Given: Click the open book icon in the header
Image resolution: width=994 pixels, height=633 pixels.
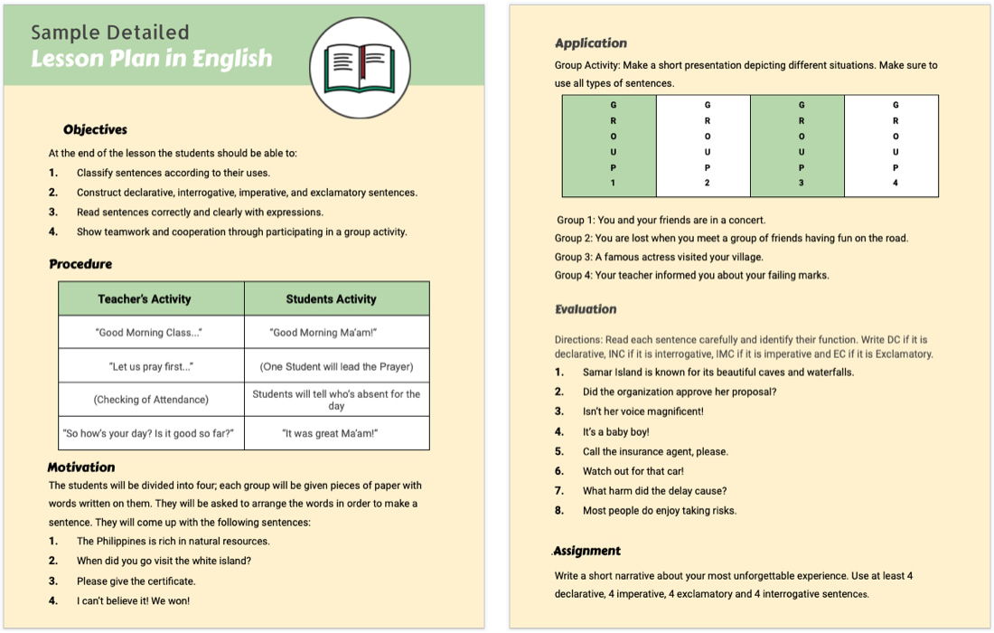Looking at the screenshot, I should pyautogui.click(x=360, y=69).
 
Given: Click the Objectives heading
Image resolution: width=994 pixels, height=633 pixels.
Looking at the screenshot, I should pyautogui.click(x=95, y=129).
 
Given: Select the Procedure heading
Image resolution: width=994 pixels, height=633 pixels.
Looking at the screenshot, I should pyautogui.click(x=80, y=264).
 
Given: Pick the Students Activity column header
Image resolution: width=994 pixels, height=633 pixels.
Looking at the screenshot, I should pyautogui.click(x=331, y=298).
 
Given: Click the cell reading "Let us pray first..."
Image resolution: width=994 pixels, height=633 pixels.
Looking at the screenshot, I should pyautogui.click(x=151, y=366).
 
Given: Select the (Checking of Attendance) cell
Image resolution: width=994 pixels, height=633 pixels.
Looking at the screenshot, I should pyautogui.click(x=151, y=399).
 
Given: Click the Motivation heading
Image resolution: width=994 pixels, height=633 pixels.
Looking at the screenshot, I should pyautogui.click(x=81, y=467).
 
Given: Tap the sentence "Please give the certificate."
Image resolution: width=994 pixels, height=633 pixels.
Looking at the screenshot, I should pyautogui.click(x=136, y=581).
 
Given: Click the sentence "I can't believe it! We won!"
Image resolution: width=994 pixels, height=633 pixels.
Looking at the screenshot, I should pyautogui.click(x=133, y=600).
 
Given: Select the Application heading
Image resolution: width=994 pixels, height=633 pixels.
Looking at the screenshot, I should pyautogui.click(x=591, y=43).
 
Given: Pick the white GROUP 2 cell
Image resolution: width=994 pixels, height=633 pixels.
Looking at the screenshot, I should pyautogui.click(x=703, y=145).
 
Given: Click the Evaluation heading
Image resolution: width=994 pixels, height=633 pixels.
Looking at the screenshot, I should pyautogui.click(x=586, y=309).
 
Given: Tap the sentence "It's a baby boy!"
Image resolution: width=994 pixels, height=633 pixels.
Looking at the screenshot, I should pyautogui.click(x=615, y=431).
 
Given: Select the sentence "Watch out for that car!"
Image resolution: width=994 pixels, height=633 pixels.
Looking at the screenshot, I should pyautogui.click(x=633, y=471).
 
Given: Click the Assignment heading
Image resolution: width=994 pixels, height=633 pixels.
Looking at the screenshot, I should pyautogui.click(x=587, y=551).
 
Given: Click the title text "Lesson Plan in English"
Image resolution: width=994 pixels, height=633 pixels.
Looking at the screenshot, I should pyautogui.click(x=151, y=59).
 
